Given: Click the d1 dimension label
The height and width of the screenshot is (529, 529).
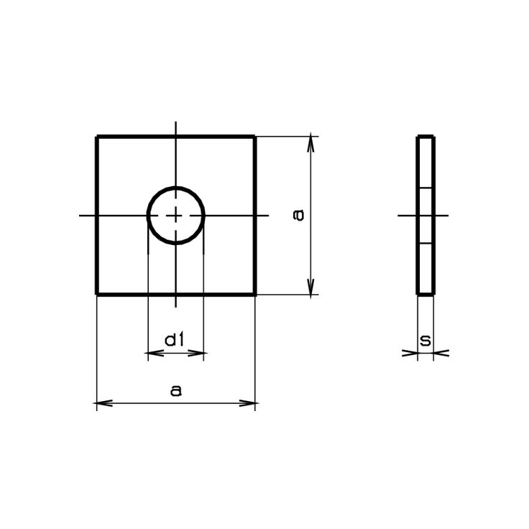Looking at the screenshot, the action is point(174,340).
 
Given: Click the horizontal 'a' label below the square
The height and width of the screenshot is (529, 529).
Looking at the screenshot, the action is point(176,390).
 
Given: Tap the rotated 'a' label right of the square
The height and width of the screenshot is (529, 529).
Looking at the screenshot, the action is point(298,215).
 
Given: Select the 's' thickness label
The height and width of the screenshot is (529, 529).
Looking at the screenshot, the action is point(425,341).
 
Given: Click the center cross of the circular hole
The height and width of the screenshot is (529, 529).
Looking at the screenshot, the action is point(176,215).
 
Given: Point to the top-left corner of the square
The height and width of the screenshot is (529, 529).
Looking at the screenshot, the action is point(97,137).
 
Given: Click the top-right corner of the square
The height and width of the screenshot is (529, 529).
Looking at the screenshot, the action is point(254,137).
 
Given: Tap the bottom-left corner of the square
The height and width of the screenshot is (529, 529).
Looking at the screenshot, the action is point(97,295).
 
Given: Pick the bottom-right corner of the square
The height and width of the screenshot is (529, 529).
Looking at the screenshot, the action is point(254,295).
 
